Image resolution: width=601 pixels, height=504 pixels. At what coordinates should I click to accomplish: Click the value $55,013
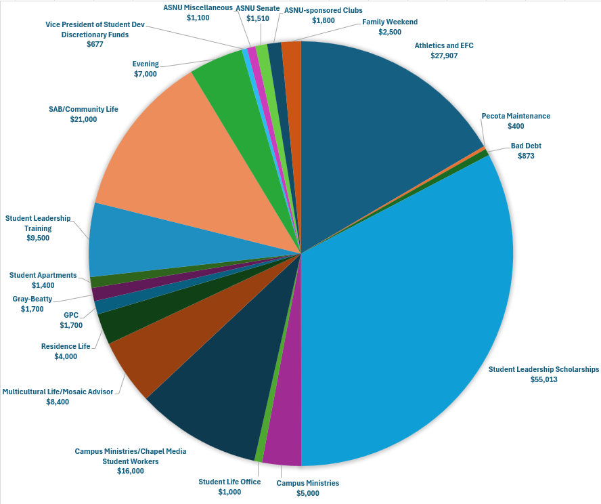click(x=544, y=379)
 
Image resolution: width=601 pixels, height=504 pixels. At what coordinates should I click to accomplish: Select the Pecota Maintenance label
click(x=516, y=116)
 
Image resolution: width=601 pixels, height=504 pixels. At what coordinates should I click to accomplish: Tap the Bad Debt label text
click(x=526, y=146)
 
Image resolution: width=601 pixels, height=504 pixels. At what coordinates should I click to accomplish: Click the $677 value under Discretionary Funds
click(x=95, y=44)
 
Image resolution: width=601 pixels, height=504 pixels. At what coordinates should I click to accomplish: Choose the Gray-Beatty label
click(x=32, y=299)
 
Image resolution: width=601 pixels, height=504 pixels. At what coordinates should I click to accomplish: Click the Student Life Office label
click(x=229, y=482)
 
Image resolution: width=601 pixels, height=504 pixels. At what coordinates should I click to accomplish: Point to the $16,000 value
click(x=130, y=471)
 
